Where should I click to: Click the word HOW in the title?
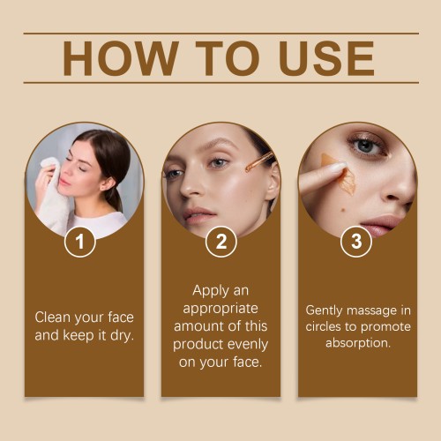pyautogui.click(x=121, y=58)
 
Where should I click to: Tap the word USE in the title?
pyautogui.click(x=326, y=58)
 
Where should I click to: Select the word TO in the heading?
pyautogui.click(x=228, y=58)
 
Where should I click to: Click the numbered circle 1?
pyautogui.click(x=80, y=242)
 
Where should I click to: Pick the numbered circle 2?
pyautogui.click(x=221, y=242)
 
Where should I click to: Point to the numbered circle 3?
pyautogui.click(x=356, y=242)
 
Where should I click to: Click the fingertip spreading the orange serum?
pyautogui.click(x=338, y=168)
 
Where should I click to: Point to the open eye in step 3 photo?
pyautogui.click(x=367, y=146)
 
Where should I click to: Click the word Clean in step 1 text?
pyautogui.click(x=53, y=318)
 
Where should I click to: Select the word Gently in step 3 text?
pyautogui.click(x=324, y=311)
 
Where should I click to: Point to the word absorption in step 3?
pyautogui.click(x=358, y=343)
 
